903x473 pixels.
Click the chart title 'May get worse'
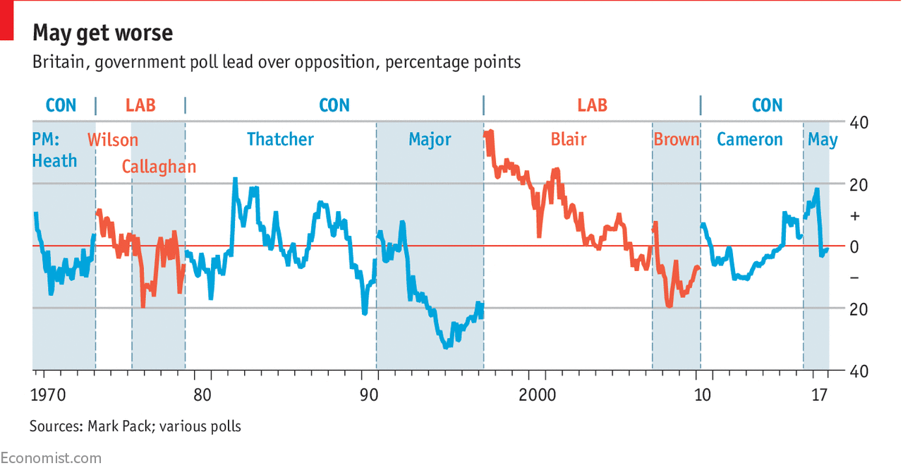tap(102, 32)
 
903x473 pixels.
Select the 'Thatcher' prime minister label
tap(280, 139)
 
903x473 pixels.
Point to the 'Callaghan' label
tap(159, 167)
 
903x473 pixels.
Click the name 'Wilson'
tap(113, 139)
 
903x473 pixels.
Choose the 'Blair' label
tap(568, 139)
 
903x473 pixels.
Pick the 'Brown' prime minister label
tap(676, 139)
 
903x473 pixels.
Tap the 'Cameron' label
tap(749, 139)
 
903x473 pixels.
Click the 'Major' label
tap(430, 139)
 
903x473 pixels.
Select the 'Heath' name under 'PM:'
tap(54, 161)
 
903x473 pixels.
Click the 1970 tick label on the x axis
tap(49, 395)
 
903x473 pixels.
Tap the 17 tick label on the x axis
tap(819, 395)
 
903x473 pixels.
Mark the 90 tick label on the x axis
tap(369, 395)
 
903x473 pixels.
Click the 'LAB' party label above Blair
tap(592, 105)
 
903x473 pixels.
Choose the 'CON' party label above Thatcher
tap(334, 105)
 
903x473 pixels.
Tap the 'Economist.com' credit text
tap(51, 458)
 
